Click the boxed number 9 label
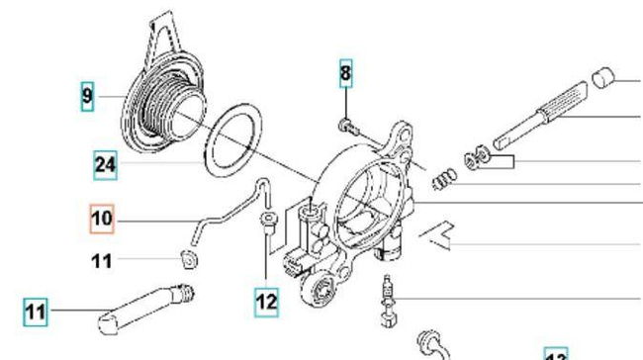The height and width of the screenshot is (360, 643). [x=87, y=97]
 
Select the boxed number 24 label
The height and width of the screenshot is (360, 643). [x=105, y=164]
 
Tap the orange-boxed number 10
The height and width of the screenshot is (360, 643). [x=102, y=218]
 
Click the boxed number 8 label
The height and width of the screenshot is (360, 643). [x=345, y=72]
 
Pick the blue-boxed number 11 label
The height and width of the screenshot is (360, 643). [x=36, y=314]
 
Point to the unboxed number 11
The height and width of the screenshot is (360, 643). [x=102, y=261]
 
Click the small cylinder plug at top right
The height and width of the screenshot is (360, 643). [x=603, y=78]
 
